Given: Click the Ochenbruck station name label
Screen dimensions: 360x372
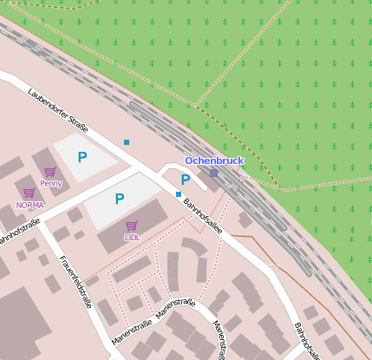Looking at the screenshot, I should tap(214, 160).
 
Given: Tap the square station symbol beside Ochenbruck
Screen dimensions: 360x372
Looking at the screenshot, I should tap(214, 173).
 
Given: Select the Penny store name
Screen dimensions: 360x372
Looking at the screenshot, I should tap(50, 183).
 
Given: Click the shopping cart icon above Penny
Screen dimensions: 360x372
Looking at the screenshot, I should tap(50, 172).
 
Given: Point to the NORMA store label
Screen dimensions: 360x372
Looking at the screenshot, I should tap(29, 205).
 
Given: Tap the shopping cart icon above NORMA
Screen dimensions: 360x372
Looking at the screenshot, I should tap(29, 193).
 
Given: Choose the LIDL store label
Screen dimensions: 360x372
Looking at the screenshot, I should tap(132, 236).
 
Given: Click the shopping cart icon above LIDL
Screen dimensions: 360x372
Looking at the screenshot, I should tap(132, 226).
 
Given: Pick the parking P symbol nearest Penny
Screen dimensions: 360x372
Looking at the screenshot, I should tap(82, 157).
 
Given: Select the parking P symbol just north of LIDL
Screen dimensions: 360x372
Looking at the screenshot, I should tap(120, 199).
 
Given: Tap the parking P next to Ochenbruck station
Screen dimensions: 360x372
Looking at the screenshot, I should tap(186, 180).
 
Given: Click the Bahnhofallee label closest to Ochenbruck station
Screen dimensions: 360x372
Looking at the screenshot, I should tap(203, 216).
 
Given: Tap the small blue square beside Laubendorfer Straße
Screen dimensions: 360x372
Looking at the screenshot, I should tap(127, 141).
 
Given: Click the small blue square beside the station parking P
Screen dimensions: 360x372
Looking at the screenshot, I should tap(179, 194).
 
